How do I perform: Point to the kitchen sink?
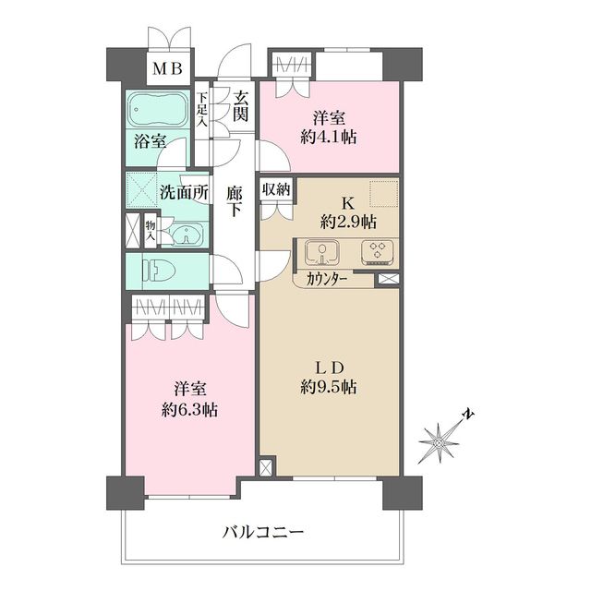[x=320, y=251]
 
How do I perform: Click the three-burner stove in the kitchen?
[x=376, y=251]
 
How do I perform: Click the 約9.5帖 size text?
[x=330, y=388]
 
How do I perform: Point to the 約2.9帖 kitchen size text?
[x=349, y=223]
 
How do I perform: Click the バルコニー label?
[x=263, y=532]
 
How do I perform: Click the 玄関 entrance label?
[x=241, y=106]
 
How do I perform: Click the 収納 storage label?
[x=276, y=189]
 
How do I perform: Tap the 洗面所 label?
[x=184, y=194]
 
